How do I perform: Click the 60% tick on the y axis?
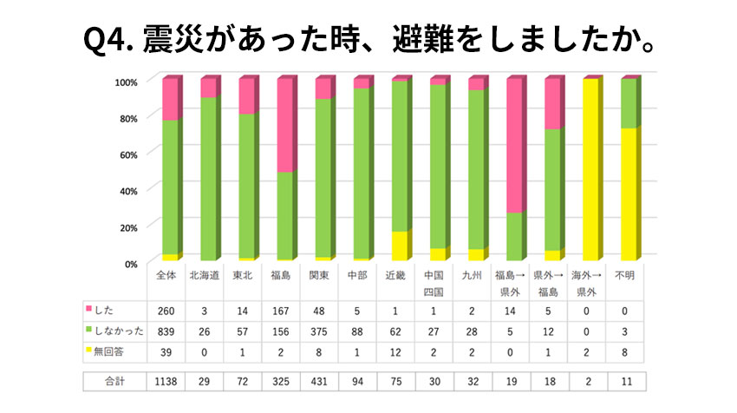[x=127, y=154]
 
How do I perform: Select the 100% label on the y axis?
[x=125, y=82]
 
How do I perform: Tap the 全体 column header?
[x=166, y=275]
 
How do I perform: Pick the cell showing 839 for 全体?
[x=166, y=330]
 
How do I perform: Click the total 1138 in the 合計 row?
[x=166, y=381]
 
